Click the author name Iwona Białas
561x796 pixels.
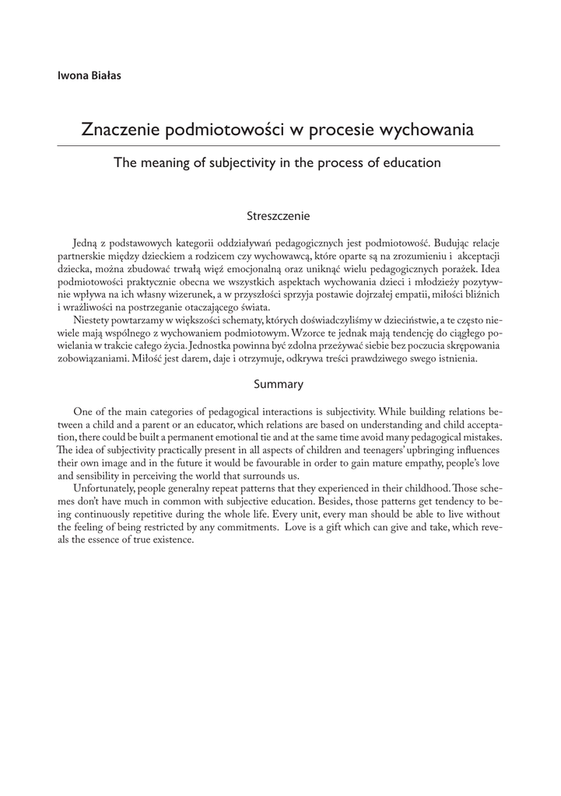click(x=89, y=75)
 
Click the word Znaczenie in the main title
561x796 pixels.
click(x=119, y=130)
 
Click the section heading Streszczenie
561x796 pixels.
click(x=279, y=215)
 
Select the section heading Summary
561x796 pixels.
click(x=279, y=384)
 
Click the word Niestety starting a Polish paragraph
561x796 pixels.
click(x=93, y=319)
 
